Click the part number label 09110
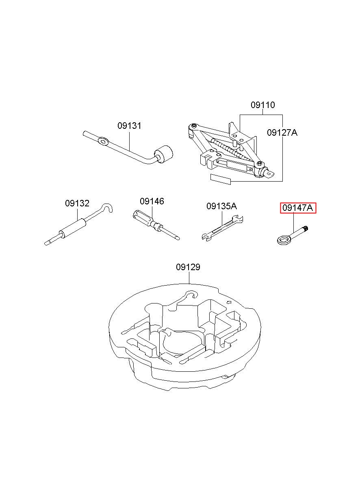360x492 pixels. pos(263,105)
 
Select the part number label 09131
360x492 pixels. pos(129,126)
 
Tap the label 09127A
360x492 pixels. pos(282,133)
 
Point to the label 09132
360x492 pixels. pos(77,204)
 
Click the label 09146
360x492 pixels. pos(152,201)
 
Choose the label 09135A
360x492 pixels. pos(221,206)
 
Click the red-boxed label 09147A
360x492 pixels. pos(297,208)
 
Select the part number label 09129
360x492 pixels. pos(188,267)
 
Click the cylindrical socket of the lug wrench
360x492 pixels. pos(164,154)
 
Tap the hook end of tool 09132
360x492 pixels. pos(108,207)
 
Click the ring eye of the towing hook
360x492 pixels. pos(283,239)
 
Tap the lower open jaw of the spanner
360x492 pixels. pos(205,237)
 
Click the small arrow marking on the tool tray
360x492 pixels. pos(229,302)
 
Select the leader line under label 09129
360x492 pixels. pos(189,278)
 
